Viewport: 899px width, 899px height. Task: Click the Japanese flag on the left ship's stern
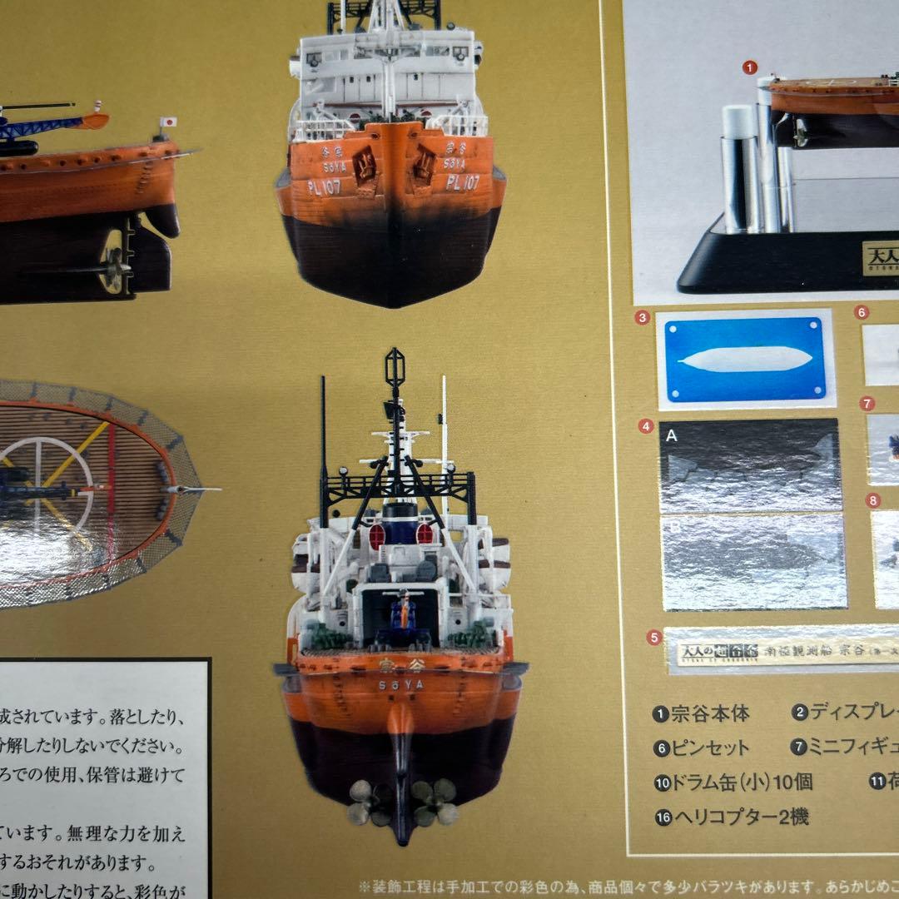(x=169, y=122)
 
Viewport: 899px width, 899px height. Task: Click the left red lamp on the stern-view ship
(x=377, y=535)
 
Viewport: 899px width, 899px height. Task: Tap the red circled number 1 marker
(x=749, y=68)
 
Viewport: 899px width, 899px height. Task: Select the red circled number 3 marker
(x=641, y=317)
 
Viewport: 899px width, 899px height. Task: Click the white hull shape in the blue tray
(x=745, y=359)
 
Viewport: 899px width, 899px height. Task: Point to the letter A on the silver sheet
(x=672, y=435)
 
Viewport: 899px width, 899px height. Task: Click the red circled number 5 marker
(x=653, y=638)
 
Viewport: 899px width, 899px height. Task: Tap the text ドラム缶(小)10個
(x=733, y=782)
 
